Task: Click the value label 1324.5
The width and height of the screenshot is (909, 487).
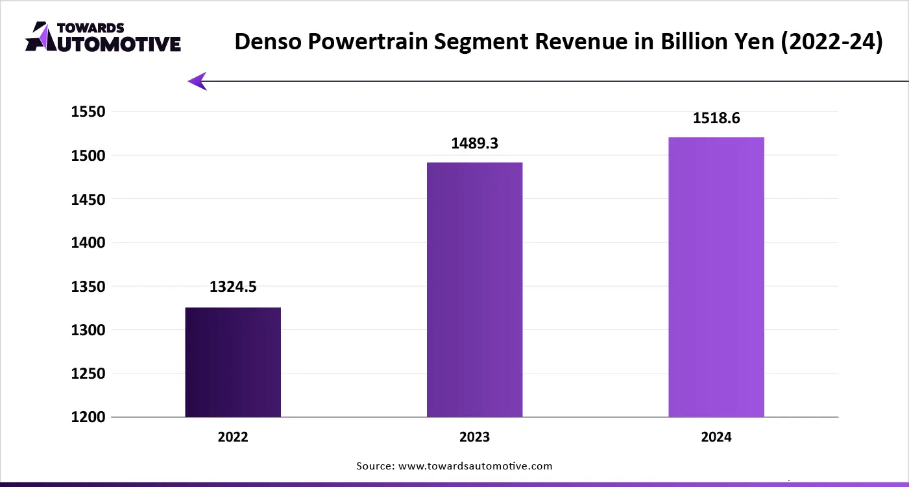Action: (233, 287)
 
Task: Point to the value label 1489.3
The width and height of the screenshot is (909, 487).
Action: (474, 143)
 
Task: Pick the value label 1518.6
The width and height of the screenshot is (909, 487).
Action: (716, 118)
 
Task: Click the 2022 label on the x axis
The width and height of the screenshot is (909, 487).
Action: (233, 437)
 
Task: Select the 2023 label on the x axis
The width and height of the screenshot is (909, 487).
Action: (474, 437)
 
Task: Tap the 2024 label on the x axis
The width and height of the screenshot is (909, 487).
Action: (716, 437)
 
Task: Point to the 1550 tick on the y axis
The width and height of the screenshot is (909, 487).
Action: (88, 112)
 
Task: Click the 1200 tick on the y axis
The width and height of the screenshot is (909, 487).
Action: (88, 417)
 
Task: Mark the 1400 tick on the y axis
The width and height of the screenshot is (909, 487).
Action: (88, 243)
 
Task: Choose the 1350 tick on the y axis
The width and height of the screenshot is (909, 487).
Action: (88, 286)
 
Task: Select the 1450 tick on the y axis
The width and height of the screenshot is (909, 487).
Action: (88, 199)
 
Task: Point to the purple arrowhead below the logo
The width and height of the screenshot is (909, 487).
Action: (197, 81)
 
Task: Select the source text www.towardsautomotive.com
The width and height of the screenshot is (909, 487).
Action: (474, 466)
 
